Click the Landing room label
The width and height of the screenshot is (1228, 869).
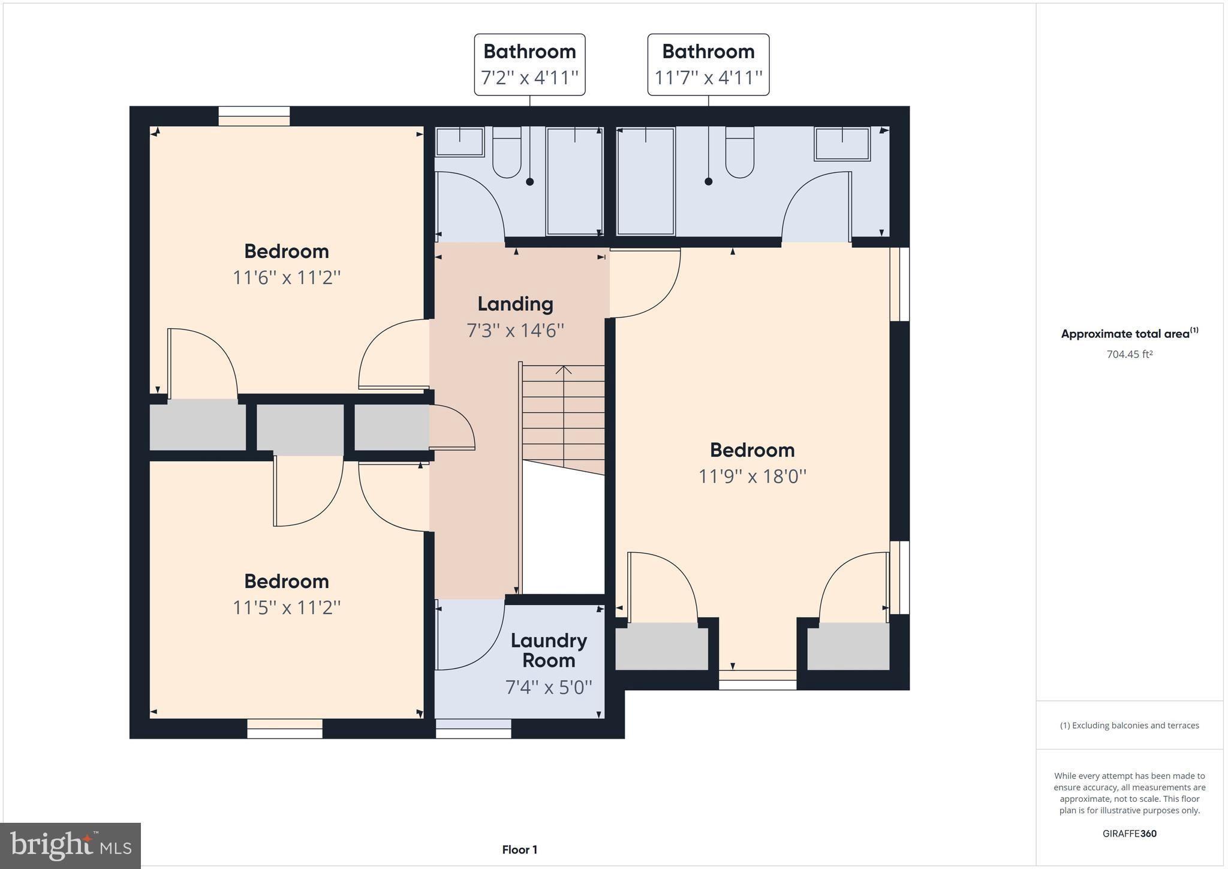(x=515, y=304)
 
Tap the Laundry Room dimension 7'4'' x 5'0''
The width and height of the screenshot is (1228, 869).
(x=549, y=687)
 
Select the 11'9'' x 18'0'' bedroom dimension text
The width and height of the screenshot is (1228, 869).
(x=752, y=477)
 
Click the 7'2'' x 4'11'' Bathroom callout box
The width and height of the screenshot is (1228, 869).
(x=529, y=64)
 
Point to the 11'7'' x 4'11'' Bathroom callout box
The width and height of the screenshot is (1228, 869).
(x=708, y=64)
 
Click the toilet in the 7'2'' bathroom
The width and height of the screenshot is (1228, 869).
(x=507, y=153)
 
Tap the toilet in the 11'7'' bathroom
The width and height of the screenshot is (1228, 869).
(x=739, y=153)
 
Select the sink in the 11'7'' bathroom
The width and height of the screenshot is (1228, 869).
(x=842, y=144)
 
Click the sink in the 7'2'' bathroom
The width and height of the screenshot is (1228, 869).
(x=459, y=142)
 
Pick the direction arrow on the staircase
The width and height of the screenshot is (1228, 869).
(x=563, y=371)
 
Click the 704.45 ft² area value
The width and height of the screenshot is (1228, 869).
(x=1130, y=354)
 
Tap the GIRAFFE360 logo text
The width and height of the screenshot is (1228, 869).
(x=1130, y=834)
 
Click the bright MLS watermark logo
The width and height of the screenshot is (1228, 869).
(x=71, y=846)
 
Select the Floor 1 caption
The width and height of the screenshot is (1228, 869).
(x=519, y=850)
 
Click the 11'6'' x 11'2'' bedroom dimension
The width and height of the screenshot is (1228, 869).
(x=287, y=278)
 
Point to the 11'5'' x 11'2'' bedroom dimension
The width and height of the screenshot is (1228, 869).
(x=287, y=607)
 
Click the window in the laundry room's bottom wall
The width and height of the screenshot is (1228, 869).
(x=473, y=729)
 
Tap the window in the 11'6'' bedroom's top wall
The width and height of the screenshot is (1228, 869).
(x=254, y=115)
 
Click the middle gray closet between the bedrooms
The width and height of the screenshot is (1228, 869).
(x=300, y=428)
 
